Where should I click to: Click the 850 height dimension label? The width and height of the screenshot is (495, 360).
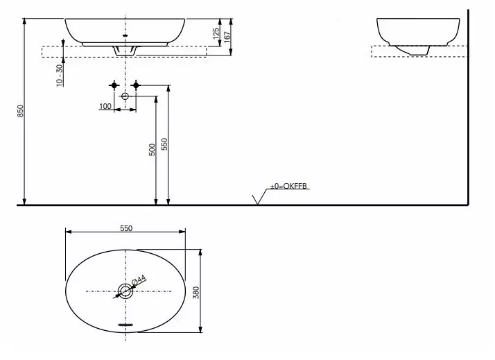(x=20, y=111)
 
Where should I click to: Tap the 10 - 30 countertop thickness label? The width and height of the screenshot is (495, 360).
(x=60, y=76)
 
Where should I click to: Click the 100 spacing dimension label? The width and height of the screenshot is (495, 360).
(x=105, y=106)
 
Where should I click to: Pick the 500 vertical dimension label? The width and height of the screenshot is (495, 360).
(x=152, y=150)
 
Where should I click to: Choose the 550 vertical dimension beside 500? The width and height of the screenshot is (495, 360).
(x=164, y=144)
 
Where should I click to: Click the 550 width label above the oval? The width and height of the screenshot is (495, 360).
(x=126, y=228)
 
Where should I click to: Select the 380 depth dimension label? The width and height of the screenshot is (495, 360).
(x=196, y=293)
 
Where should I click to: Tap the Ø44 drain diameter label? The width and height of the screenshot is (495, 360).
(x=139, y=280)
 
